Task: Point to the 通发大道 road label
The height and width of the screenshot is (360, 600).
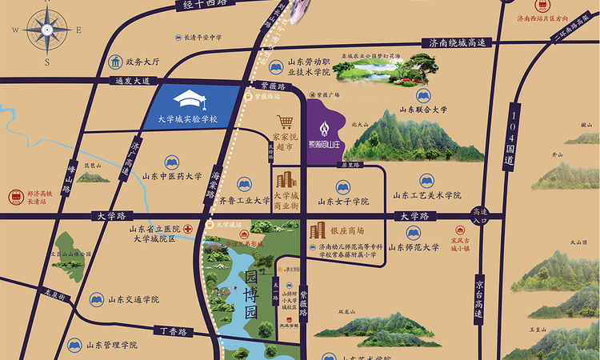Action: coord(110,80)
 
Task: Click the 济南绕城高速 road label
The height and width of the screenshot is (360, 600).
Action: coord(457,43)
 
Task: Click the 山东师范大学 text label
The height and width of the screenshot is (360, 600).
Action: coord(414,248)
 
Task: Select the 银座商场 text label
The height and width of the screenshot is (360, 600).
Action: coord(347,230)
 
